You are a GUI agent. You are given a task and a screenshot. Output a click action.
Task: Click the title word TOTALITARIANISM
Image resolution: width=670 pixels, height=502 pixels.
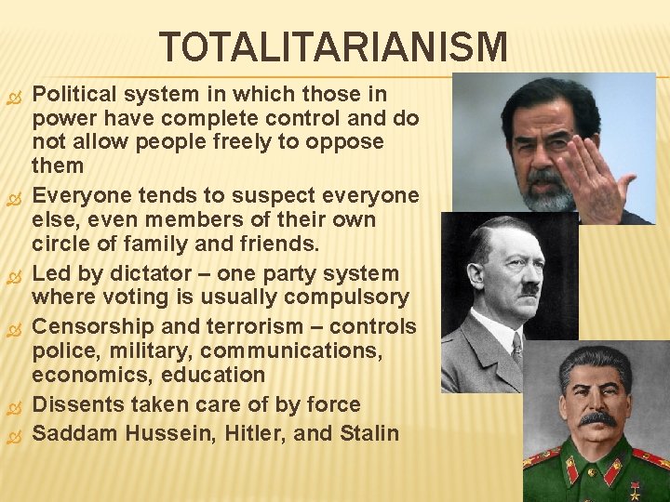[x=333, y=47]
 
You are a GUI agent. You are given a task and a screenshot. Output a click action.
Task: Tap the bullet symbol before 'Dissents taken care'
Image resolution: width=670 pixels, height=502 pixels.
[x=13, y=406]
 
